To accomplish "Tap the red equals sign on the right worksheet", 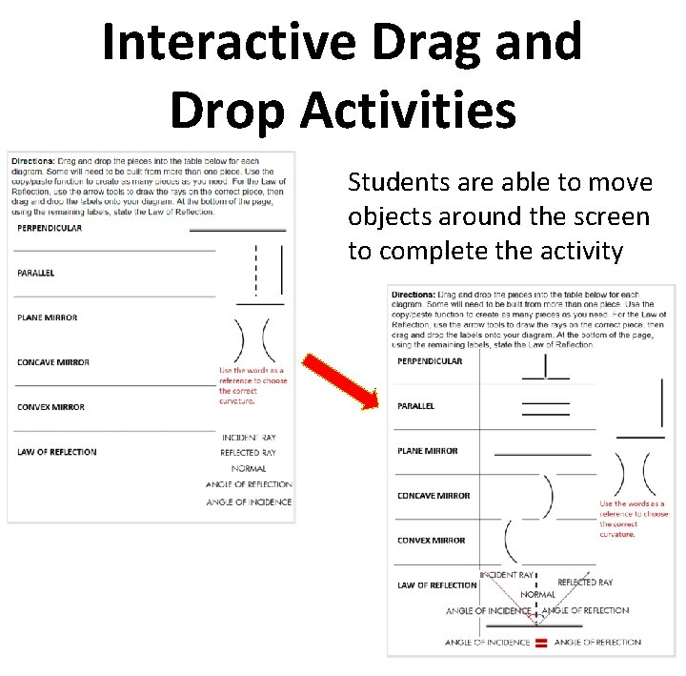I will click(x=540, y=643).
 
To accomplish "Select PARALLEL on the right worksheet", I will click(x=416, y=406).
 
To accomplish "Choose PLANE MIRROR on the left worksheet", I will click(x=48, y=318).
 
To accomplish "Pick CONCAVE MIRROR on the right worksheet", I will click(x=434, y=496).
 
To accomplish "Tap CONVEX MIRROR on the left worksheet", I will click(x=50, y=407).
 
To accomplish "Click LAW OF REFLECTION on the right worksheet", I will click(x=436, y=585).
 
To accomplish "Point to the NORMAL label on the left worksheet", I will click(x=248, y=468).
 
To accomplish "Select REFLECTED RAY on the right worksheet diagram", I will click(x=585, y=582).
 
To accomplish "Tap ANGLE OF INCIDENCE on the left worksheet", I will click(x=249, y=502).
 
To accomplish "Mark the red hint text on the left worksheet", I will click(x=252, y=385).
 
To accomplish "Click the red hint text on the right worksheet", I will click(x=633, y=519).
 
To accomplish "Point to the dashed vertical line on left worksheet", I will click(x=255, y=270).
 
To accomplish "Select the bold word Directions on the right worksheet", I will click(x=414, y=294).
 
